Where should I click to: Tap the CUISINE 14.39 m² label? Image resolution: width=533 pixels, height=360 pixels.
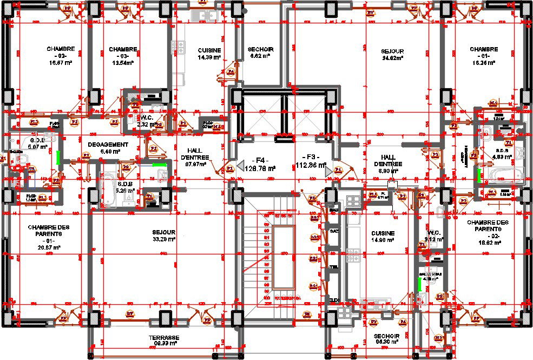click(209, 53)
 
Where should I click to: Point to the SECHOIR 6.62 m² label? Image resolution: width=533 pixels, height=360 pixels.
click(261, 52)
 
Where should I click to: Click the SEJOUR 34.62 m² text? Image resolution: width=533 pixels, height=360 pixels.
click(392, 54)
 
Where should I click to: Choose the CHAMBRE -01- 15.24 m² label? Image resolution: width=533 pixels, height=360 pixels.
click(483, 56)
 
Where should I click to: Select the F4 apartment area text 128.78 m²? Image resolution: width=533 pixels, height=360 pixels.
click(261, 168)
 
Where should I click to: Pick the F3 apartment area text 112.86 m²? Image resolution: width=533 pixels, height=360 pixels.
click(311, 165)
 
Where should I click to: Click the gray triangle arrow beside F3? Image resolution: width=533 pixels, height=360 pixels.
click(328, 171)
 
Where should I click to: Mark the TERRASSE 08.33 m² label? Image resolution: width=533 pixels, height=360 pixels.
click(163, 341)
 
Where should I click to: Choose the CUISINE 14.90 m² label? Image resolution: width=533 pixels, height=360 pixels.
click(383, 236)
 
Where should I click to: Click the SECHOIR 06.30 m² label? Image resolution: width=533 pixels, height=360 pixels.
click(386, 339)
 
